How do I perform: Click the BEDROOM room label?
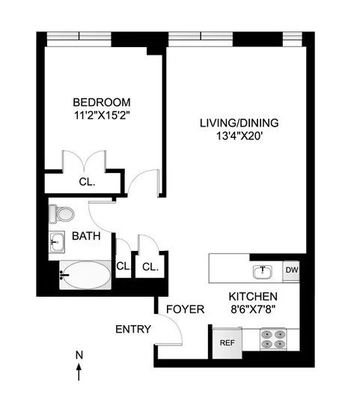pyautogui.click(x=101, y=102)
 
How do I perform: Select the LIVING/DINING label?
pyautogui.click(x=235, y=122)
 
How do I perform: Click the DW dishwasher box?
pyautogui.click(x=291, y=270)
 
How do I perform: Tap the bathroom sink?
pyautogui.click(x=57, y=241)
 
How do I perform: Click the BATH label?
pyautogui.click(x=87, y=237)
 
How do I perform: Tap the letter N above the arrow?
pyautogui.click(x=79, y=354)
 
